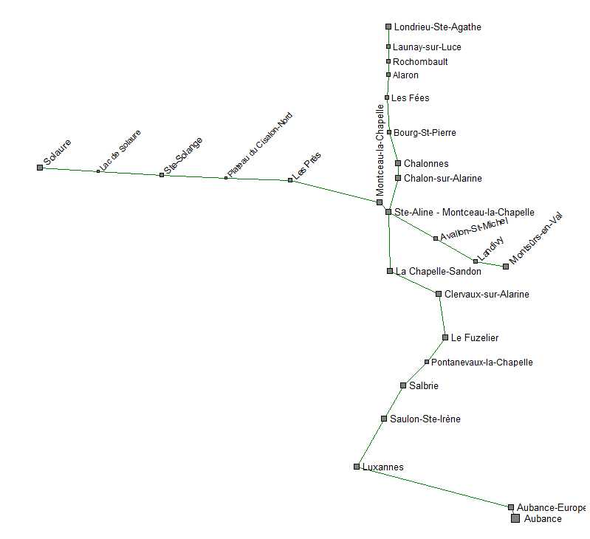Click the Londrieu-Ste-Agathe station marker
click(388, 27)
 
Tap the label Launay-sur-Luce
click(427, 47)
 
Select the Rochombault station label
click(420, 62)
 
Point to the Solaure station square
click(40, 168)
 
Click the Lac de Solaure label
click(120, 151)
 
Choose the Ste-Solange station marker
click(162, 175)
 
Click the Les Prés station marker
click(290, 180)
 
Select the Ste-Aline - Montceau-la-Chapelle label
click(464, 212)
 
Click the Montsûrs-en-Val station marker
click(506, 267)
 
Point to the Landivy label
click(490, 248)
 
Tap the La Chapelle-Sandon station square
click(390, 271)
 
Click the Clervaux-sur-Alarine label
click(487, 295)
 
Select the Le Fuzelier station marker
click(445, 337)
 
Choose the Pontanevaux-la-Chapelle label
click(481, 363)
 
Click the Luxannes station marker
click(357, 467)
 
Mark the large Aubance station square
click(515, 518)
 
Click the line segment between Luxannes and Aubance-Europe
click(433, 487)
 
